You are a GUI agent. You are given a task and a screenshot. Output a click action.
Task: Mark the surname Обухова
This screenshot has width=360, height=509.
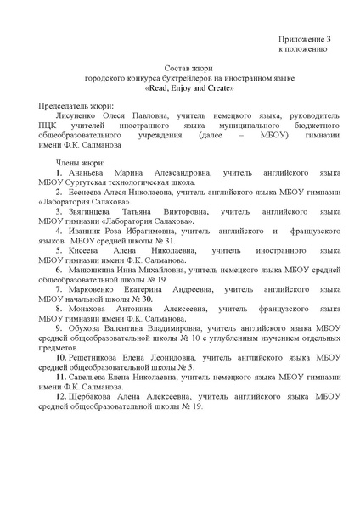coord(88,328)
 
